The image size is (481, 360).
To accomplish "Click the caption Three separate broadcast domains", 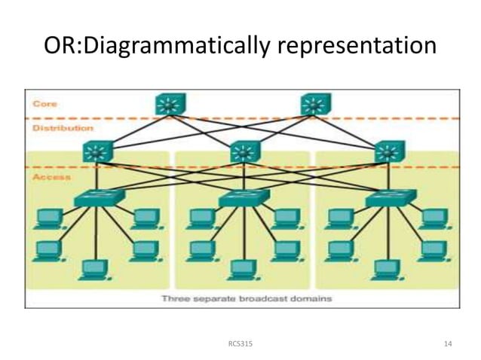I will click(x=247, y=298).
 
